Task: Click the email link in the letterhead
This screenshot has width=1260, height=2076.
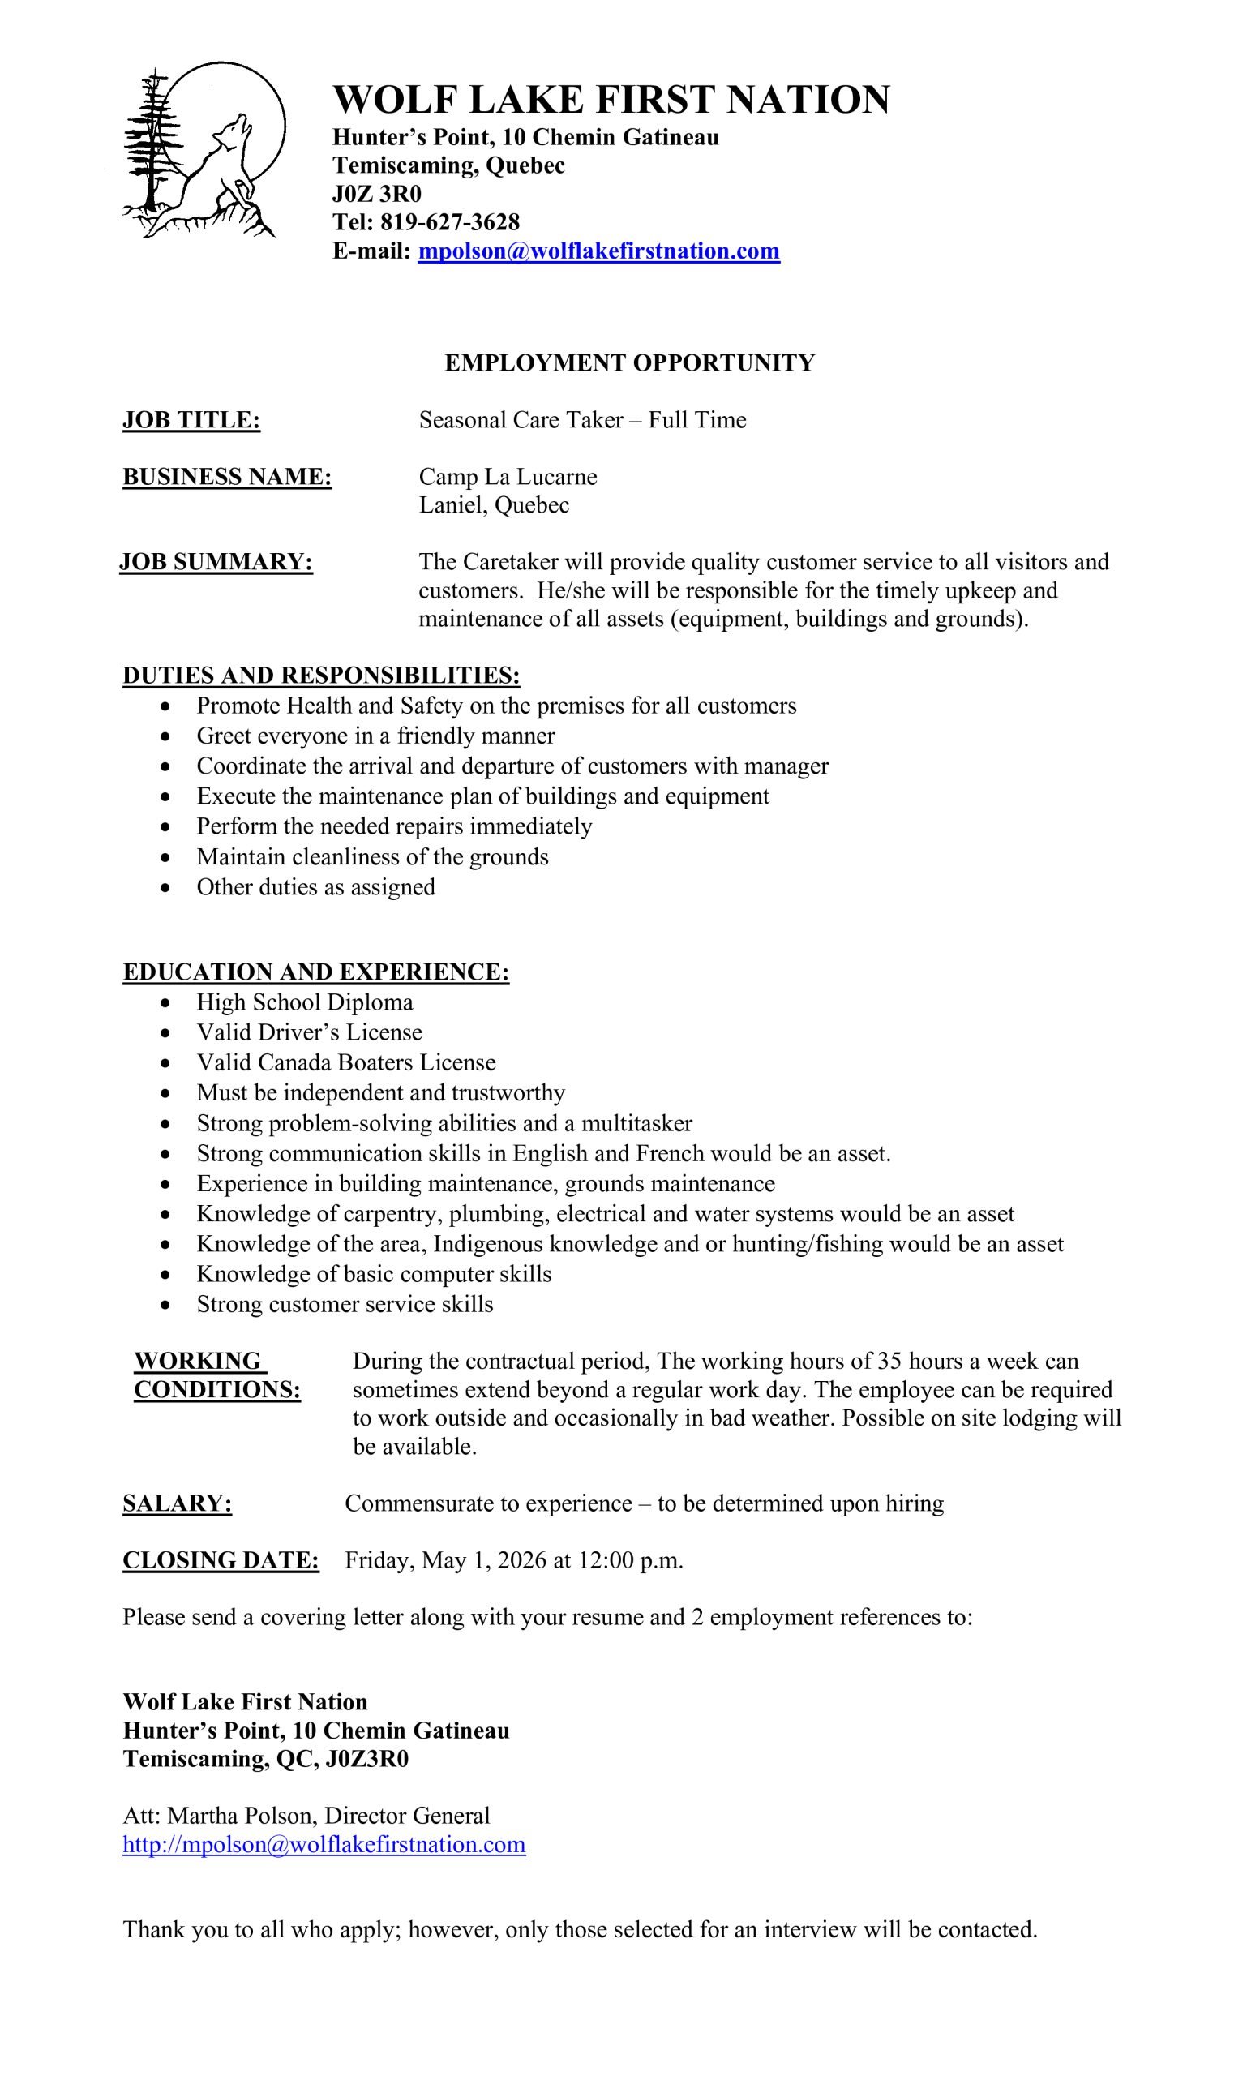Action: (598, 251)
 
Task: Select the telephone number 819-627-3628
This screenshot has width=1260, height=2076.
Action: (450, 222)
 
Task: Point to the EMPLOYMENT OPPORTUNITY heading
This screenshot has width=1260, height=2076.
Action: (629, 363)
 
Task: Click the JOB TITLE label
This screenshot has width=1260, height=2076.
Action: (191, 419)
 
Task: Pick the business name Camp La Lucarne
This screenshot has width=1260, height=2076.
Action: (508, 477)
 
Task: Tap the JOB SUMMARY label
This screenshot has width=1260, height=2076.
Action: (216, 562)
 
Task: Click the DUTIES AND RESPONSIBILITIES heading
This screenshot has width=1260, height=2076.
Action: (321, 676)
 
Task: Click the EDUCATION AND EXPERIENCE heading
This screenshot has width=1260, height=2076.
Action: (316, 972)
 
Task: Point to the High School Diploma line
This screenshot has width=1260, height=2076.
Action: (305, 1002)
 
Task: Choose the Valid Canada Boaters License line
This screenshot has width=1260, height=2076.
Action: (346, 1063)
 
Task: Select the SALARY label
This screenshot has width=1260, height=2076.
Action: (177, 1504)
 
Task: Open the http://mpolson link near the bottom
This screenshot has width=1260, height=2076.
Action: (324, 1844)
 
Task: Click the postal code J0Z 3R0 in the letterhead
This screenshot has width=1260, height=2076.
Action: (376, 195)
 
